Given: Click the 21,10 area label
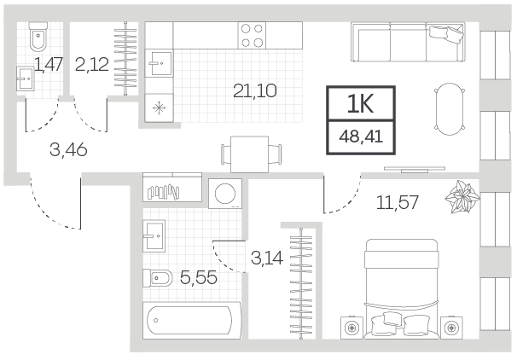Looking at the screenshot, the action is pos(254,90).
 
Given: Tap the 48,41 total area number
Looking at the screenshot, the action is pos(361,136).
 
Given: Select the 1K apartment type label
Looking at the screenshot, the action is pos(360,103).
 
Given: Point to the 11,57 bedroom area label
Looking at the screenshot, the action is pos(398,202).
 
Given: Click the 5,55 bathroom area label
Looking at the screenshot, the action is pos(199,277).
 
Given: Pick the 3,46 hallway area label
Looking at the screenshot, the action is pos(68,150).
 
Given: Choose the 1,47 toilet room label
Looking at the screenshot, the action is pos(49,64).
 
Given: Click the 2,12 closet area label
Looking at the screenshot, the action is pos(92,64).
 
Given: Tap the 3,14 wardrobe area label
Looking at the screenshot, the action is pos(267,258).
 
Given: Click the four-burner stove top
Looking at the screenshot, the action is pos(252,35).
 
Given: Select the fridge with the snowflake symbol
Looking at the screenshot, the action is pos(159,107).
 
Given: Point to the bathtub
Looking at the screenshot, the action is pos(192,320).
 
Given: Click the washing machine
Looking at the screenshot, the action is pos(225,194).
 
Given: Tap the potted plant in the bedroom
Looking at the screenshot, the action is pos(462,197).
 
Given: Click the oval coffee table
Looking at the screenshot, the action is pos(450,109).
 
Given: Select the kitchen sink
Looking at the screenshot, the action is pos(160,63).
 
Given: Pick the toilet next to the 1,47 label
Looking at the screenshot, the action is pos(38,37).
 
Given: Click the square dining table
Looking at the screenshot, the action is pos(250,154).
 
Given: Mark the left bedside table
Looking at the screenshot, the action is pos(351,328).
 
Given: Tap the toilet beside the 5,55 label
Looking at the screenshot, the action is pos(158,278).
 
